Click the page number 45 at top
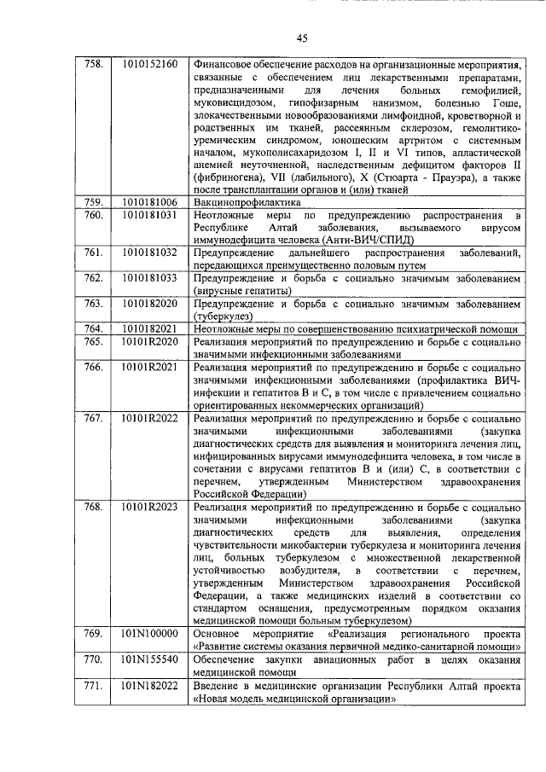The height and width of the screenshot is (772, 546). click(x=301, y=37)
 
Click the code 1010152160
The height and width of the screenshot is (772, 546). click(x=149, y=64)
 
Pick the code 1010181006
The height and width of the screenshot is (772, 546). click(x=149, y=203)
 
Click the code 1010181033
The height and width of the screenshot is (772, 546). click(x=149, y=278)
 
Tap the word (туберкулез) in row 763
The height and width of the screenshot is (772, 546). click(x=224, y=316)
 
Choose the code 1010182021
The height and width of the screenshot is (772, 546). click(x=149, y=329)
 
